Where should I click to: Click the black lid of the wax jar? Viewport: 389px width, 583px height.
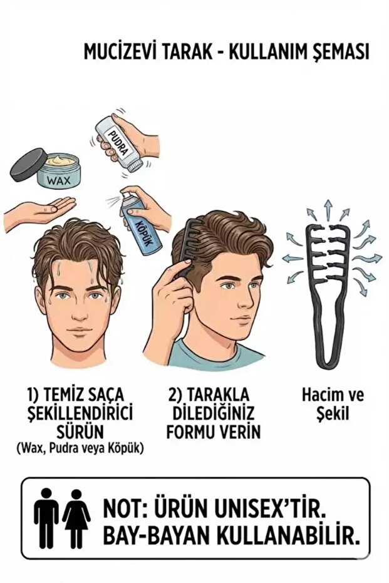coord(28,163)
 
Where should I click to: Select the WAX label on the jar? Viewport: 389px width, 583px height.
coord(60,182)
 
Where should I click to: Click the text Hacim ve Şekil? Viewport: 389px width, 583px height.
coord(333,405)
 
